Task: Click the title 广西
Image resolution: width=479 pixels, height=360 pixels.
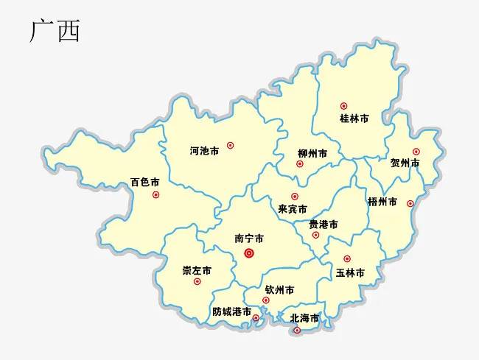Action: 55,31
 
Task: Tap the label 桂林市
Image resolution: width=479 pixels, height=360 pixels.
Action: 354,119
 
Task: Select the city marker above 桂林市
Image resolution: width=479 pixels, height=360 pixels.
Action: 343,106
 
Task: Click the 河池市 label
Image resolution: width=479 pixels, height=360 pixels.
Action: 204,151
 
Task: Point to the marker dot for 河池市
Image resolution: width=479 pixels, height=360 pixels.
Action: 230,146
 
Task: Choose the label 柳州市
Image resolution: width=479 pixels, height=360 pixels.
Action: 312,153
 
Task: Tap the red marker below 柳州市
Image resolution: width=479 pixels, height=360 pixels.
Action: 299,163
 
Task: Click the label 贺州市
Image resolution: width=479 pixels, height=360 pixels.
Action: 405,163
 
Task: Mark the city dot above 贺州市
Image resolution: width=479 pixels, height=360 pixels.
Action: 416,152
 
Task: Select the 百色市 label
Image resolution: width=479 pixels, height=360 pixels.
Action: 145,181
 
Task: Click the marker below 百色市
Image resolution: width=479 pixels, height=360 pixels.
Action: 155,194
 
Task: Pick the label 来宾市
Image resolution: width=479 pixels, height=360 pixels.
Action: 293,209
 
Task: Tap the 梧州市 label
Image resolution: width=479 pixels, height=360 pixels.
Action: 382,202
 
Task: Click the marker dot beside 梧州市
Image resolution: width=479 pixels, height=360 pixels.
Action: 410,203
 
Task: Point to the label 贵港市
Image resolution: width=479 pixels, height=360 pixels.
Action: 324,224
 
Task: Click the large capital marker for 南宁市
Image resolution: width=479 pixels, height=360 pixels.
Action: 249,253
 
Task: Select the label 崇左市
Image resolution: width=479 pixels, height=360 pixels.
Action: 197,270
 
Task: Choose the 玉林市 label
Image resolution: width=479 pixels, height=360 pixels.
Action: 350,272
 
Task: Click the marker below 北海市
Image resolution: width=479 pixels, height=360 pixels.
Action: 297,331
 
